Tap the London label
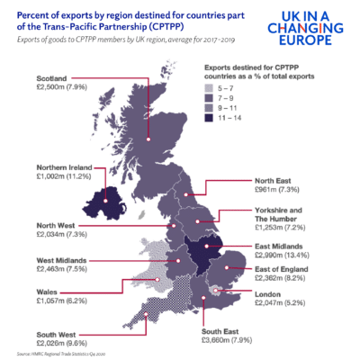(x=270, y=294)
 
